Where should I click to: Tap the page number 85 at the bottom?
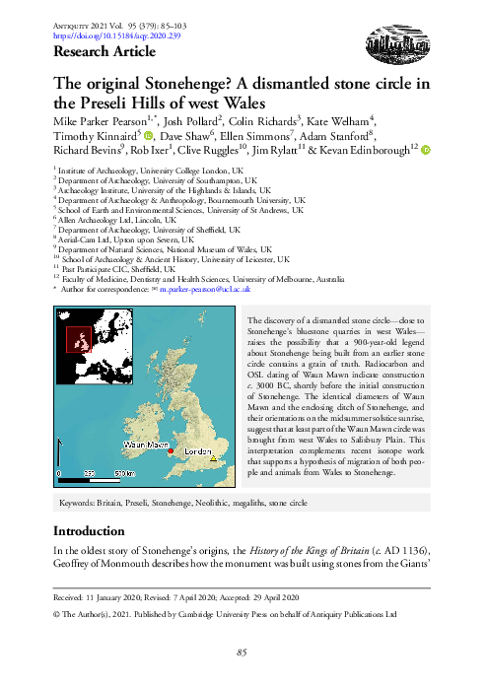[x=242, y=653]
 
